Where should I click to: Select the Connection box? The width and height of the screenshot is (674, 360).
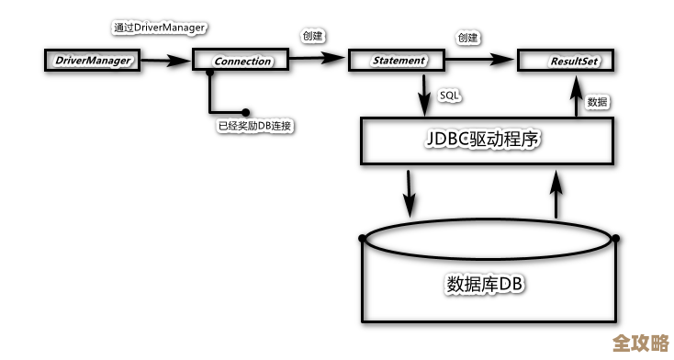[242, 62]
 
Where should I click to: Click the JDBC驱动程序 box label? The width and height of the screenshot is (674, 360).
[487, 142]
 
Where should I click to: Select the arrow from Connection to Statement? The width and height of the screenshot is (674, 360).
[317, 61]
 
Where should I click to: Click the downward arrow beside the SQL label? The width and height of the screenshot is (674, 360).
[425, 94]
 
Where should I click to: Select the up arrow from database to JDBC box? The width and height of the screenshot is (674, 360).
[556, 193]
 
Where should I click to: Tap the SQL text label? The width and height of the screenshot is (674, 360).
[450, 96]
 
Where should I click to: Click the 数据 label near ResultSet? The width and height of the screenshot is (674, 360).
[597, 101]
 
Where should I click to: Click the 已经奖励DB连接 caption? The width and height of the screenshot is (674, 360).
[254, 125]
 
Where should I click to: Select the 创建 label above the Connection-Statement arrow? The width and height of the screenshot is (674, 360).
[312, 36]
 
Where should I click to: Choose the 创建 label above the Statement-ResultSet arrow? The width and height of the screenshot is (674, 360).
[468, 37]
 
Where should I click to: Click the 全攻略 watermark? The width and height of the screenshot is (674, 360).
[640, 343]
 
